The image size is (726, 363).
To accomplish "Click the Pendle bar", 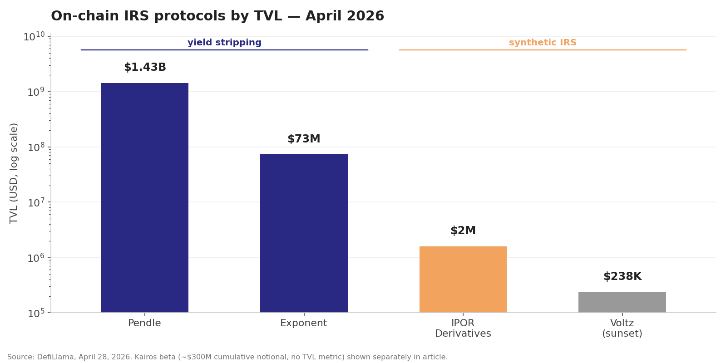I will coord(144,197).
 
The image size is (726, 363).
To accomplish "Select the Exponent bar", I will coord(304,233).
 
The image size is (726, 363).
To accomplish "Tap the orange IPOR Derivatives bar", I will coord(463,279).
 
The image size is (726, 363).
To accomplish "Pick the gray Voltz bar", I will coord(622,302).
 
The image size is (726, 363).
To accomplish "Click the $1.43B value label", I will coord(145,68).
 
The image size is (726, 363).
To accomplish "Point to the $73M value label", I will coord(304,139).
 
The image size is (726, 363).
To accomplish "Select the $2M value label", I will coord(463,231).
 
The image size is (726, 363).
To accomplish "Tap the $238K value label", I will coord(622,277).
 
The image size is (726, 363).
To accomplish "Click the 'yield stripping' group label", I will coord(224,43).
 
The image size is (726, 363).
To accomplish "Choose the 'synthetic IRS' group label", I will coord(543,43).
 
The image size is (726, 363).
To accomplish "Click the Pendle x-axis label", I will coord(144,324).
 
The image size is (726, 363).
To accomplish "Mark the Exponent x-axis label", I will coord(303,324).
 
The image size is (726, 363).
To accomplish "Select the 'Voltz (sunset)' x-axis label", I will coord(622,329).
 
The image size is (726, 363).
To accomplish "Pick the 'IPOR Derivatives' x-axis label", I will coord(463,329).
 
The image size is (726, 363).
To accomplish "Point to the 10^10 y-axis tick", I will coord(34,36).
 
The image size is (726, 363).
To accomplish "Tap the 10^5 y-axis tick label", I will coord(36,313).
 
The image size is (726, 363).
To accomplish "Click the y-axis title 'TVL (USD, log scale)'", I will coord(14,173).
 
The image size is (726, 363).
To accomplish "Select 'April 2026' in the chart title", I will coord(345,16).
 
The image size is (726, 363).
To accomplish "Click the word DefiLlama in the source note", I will coord(56,357).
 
